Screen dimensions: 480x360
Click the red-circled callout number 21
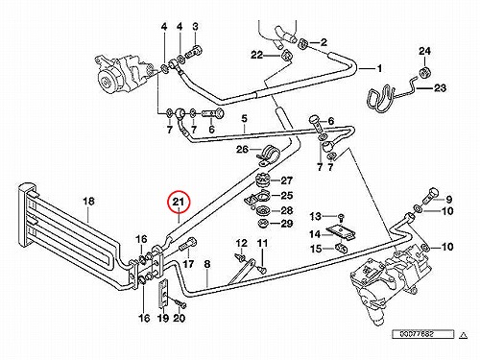[x=179, y=202]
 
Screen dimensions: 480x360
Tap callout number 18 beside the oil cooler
[x=88, y=202]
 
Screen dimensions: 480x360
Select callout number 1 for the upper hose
[x=379, y=68]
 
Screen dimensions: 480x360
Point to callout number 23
[x=440, y=87]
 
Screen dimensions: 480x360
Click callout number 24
[x=424, y=51]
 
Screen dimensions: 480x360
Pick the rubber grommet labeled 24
[x=425, y=72]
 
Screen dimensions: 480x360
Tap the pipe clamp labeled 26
[x=268, y=154]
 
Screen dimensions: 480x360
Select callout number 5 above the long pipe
[x=244, y=119]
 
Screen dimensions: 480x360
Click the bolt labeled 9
[x=429, y=195]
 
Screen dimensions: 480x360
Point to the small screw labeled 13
[x=342, y=217]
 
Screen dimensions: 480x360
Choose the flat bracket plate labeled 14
[x=342, y=232]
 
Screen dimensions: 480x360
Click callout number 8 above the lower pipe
[x=207, y=264]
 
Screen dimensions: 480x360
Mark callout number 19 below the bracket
[x=163, y=318]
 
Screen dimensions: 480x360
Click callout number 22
[x=256, y=55]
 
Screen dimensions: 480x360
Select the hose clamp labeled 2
[x=302, y=44]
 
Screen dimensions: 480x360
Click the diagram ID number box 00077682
[x=423, y=334]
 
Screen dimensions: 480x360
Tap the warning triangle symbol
[x=463, y=335]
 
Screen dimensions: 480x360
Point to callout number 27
[x=286, y=180]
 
